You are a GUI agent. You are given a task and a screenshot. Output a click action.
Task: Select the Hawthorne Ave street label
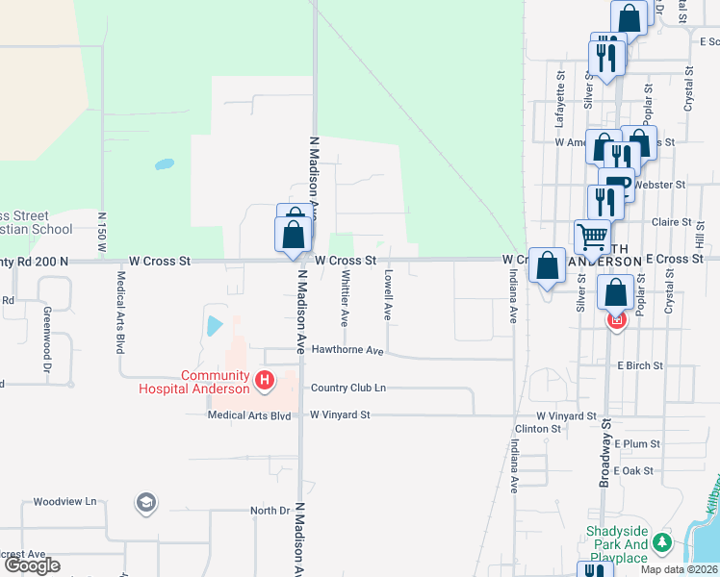(347, 351)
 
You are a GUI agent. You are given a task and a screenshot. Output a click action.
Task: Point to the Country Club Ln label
(348, 388)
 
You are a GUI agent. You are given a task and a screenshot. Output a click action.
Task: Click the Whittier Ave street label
(345, 294)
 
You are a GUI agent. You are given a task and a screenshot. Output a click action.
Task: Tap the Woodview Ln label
(66, 502)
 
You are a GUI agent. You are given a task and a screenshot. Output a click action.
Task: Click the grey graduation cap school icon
(145, 503)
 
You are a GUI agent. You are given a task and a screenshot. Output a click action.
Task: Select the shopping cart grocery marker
(592, 235)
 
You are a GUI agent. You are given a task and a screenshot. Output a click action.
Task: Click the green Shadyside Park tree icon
(661, 543)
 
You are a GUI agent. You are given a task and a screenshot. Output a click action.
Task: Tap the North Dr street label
(270, 511)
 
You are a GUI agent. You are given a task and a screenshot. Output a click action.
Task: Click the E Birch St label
(642, 366)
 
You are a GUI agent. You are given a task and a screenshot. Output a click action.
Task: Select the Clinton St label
(537, 429)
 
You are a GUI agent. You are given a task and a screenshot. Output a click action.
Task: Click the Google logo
(32, 565)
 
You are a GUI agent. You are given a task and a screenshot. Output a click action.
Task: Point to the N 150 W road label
(101, 234)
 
